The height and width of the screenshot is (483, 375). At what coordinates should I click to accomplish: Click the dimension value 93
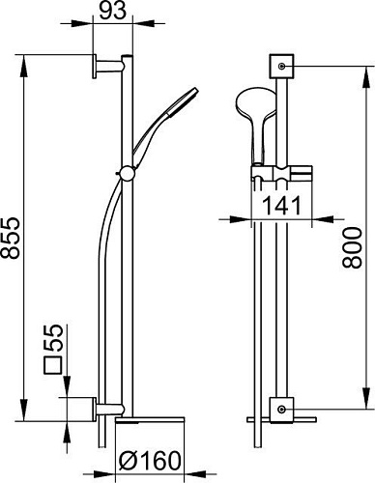tap(112, 12)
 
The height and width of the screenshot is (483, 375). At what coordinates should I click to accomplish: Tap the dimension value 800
tap(352, 248)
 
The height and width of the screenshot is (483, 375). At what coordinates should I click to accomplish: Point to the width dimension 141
tap(282, 206)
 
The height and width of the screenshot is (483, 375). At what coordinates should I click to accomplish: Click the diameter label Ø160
tap(149, 461)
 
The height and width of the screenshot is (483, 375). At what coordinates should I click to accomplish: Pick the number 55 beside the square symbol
tap(52, 338)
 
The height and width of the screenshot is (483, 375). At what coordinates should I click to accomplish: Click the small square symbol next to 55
tap(52, 365)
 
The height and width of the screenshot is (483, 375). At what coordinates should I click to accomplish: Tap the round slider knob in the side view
tap(127, 174)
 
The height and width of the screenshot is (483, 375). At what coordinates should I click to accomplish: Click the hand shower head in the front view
tap(256, 124)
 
